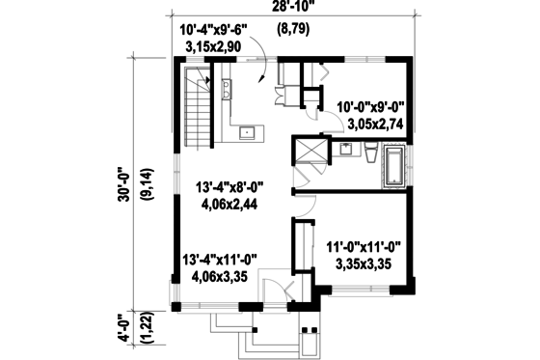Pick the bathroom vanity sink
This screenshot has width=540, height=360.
[x=345, y=150]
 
